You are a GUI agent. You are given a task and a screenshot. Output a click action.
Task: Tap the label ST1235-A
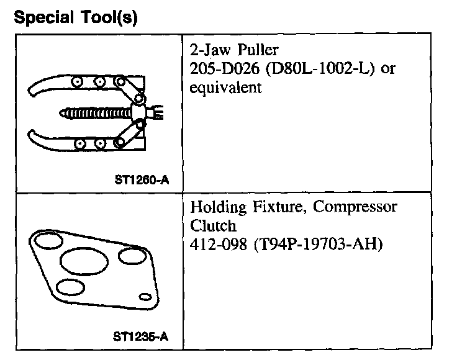pyautogui.click(x=141, y=338)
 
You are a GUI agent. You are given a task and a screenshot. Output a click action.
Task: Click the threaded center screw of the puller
pyautogui.click(x=93, y=114)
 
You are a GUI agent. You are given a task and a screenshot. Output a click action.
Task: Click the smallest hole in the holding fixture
pyautogui.click(x=144, y=298)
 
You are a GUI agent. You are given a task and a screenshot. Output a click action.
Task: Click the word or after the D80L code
pyautogui.click(x=388, y=69)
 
